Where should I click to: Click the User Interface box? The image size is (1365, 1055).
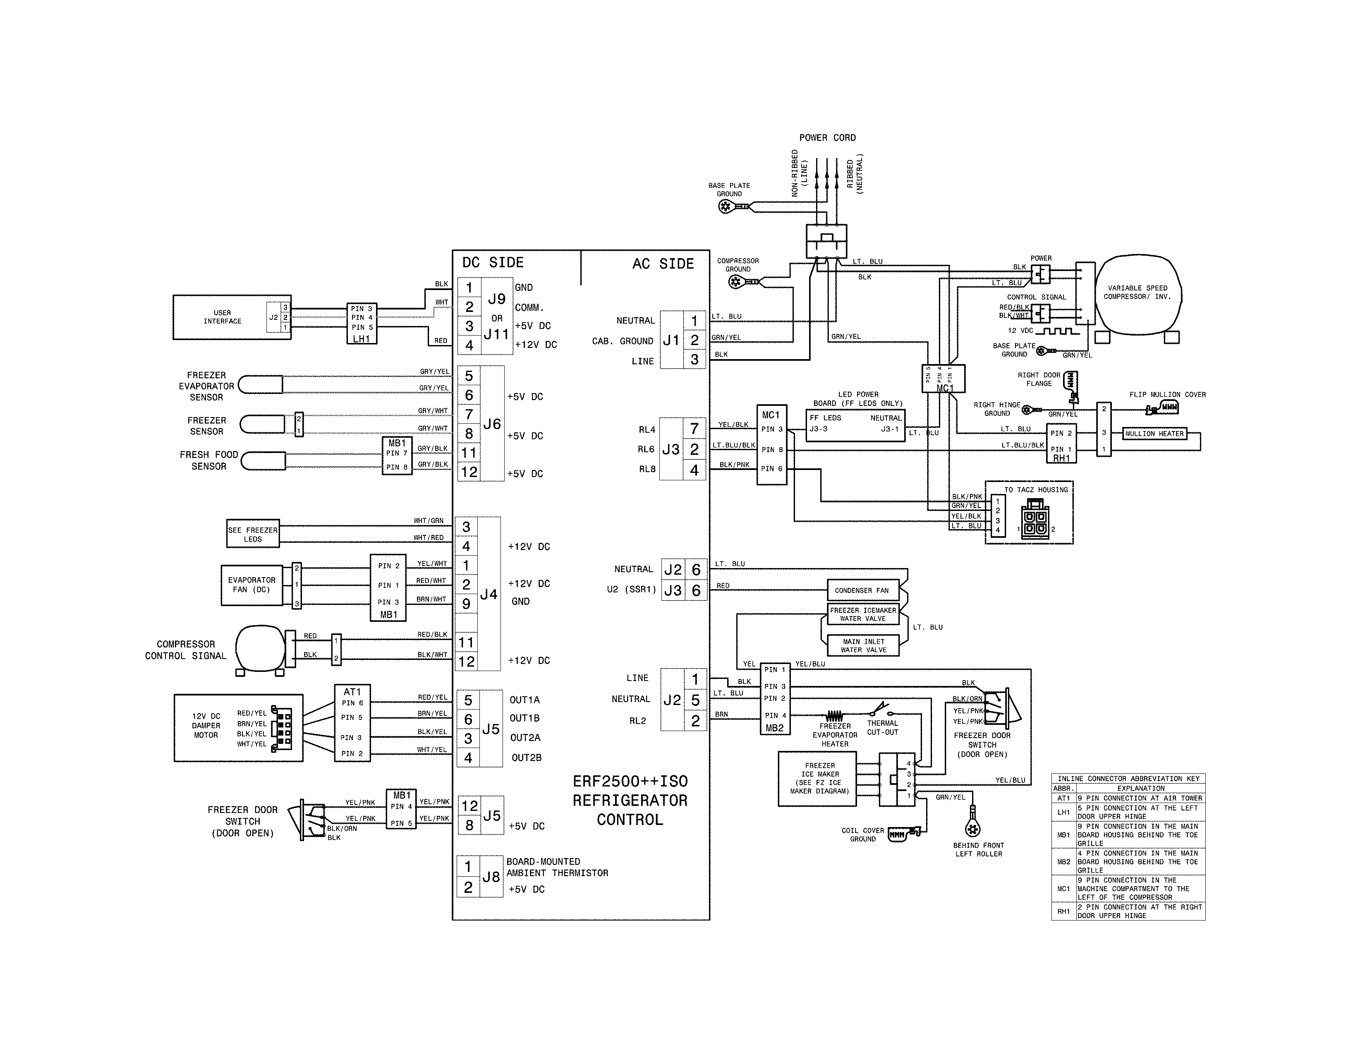[x=222, y=317]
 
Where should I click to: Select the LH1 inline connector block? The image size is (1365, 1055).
[x=361, y=323]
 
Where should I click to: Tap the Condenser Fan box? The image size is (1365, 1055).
[x=861, y=590]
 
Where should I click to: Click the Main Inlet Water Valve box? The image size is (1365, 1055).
[x=863, y=646]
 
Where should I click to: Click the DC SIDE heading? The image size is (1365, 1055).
[x=493, y=262]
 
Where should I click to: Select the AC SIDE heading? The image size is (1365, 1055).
[x=663, y=264]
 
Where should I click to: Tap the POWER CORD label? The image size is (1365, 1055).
[x=827, y=137]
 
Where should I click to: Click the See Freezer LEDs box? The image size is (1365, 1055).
[x=252, y=535]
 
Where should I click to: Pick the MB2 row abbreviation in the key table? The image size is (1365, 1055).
[x=1063, y=861]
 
